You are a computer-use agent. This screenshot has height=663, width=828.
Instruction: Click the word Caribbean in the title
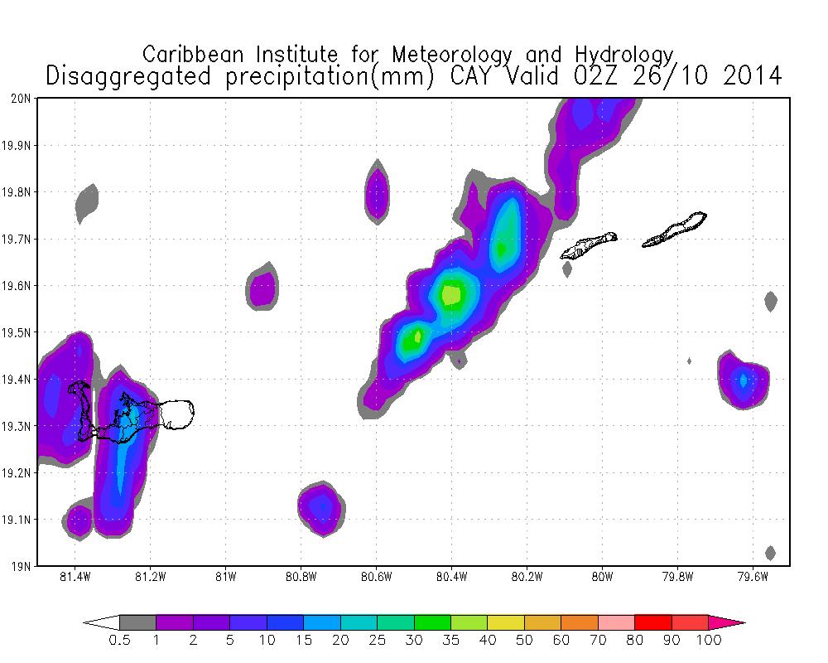pyautogui.click(x=195, y=55)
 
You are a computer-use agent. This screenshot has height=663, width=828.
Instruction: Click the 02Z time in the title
pyautogui.click(x=591, y=76)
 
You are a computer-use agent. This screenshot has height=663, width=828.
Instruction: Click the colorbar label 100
pyautogui.click(x=709, y=640)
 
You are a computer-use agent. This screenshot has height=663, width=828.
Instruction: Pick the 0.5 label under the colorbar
pyautogui.click(x=119, y=640)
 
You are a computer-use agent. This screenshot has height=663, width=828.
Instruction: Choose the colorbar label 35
pyautogui.click(x=451, y=640)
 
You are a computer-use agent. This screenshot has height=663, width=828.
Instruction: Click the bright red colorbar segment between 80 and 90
pyautogui.click(x=653, y=622)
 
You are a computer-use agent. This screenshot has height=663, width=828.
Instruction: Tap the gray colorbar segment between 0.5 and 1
pyautogui.click(x=137, y=622)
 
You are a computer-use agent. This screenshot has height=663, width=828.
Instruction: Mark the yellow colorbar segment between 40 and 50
pyautogui.click(x=506, y=622)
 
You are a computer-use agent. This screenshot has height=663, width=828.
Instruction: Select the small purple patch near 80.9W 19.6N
pyautogui.click(x=262, y=288)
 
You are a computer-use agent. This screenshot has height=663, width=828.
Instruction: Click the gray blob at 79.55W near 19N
pyautogui.click(x=770, y=553)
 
